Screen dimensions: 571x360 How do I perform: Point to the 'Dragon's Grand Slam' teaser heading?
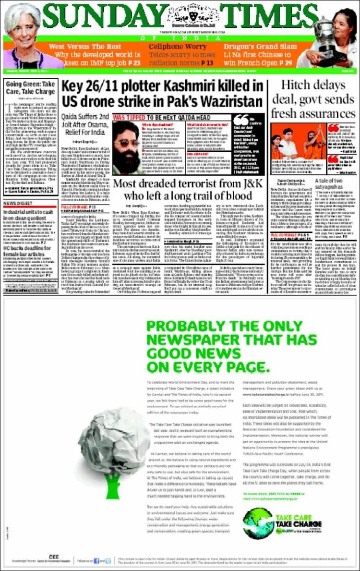point(252,47)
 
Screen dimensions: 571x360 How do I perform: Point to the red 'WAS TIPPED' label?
point(130,117)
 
